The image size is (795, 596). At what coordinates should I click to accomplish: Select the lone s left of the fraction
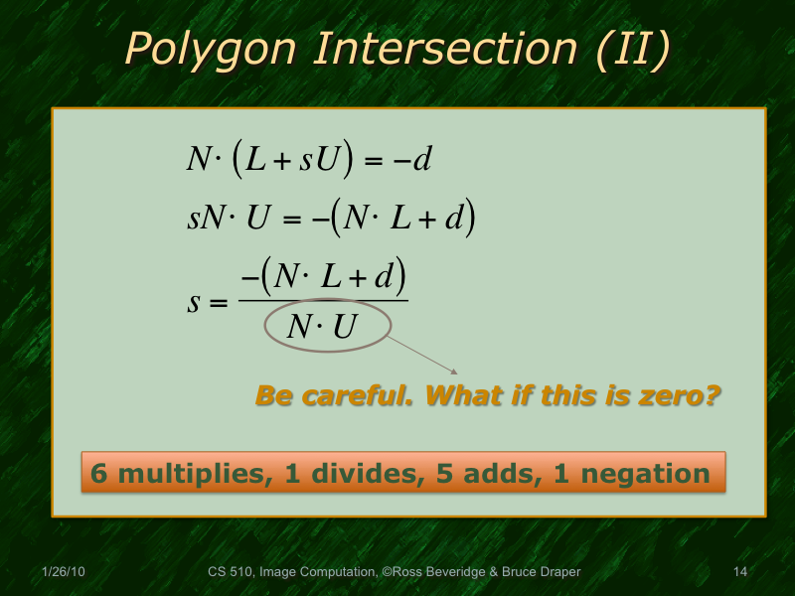(194, 299)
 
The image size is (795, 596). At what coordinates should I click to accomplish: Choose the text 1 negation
(636, 473)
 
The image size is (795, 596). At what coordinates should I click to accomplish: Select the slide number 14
(739, 572)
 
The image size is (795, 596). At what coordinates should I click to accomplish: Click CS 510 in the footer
(231, 572)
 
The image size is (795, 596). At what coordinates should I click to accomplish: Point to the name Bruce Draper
(542, 572)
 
